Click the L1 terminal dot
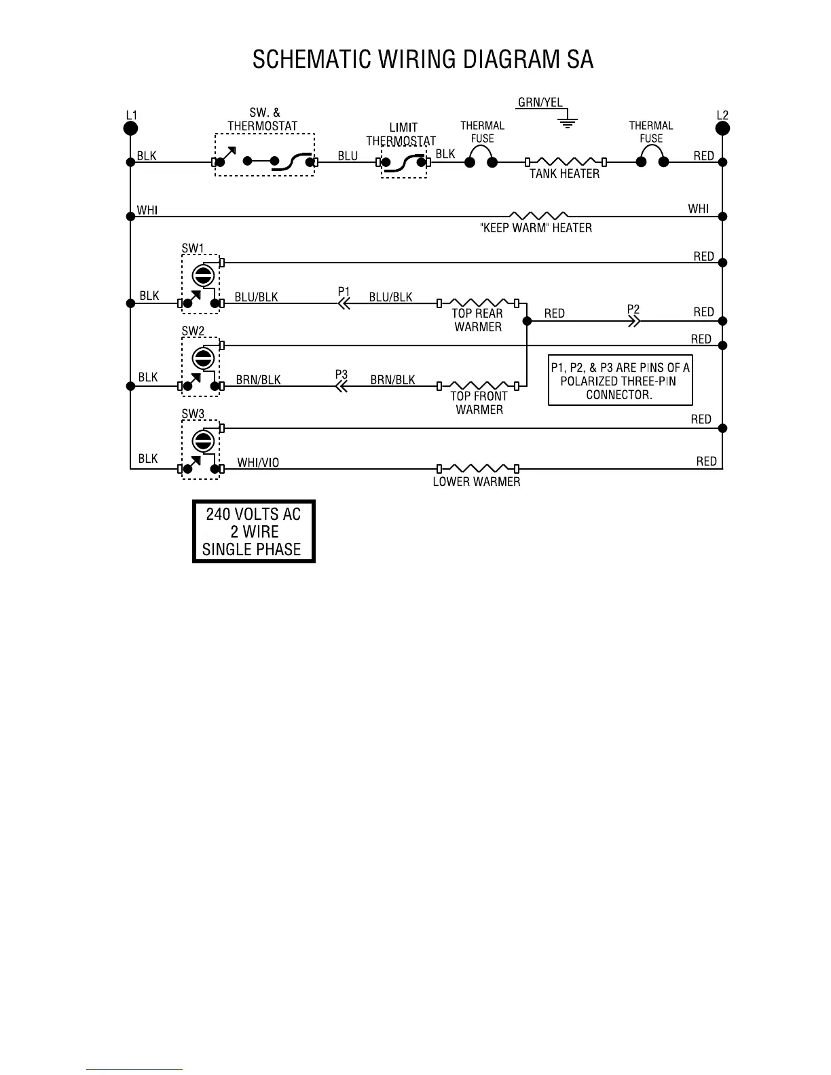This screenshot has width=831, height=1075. coord(131,128)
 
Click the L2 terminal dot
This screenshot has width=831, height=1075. coord(723,128)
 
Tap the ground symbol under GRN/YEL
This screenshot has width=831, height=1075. coord(568,122)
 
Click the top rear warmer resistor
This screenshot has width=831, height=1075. coord(478,303)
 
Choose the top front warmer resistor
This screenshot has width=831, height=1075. coord(478,385)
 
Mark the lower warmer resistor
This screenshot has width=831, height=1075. coord(478,468)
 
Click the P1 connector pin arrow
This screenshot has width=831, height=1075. coord(344,303)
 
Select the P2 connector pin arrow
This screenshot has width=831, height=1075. coord(633,321)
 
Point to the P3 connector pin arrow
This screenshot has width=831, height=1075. coord(341,386)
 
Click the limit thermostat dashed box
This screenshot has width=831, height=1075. coord(404,162)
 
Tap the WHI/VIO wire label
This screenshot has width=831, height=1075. coord(258,463)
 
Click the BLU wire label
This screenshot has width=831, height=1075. coord(348,156)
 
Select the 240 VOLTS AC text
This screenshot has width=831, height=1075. coord(253,513)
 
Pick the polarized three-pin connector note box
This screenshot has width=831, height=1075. coord(620,381)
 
